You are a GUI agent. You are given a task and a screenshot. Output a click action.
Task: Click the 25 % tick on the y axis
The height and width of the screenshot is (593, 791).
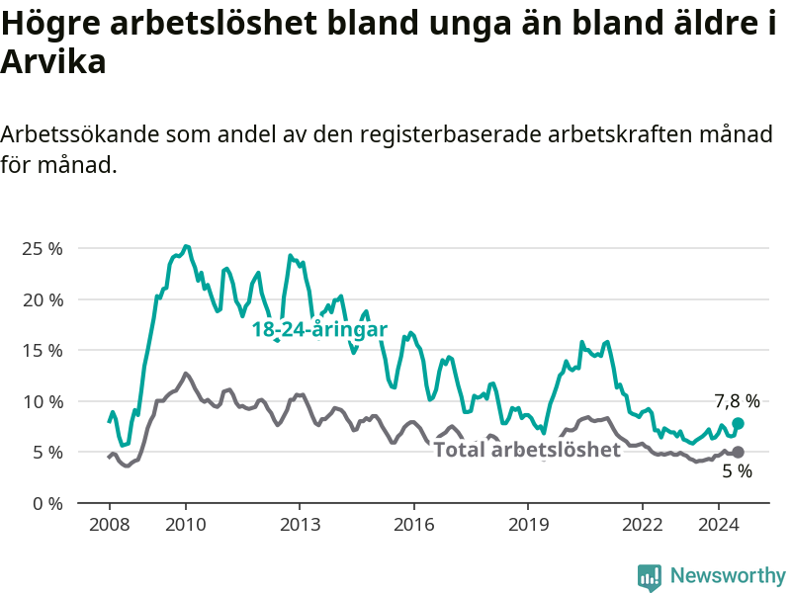[x=43, y=249]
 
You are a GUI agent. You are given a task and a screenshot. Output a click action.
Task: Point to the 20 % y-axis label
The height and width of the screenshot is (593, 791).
[x=43, y=300]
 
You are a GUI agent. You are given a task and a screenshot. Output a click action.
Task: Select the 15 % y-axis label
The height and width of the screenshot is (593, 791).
[x=43, y=351]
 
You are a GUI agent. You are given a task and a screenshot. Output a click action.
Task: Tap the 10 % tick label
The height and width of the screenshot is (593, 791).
[x=43, y=402]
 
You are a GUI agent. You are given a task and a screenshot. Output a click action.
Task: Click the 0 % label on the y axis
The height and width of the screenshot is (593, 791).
[x=47, y=503]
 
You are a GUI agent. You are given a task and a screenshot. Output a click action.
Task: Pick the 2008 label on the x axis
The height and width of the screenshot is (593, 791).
[x=110, y=525]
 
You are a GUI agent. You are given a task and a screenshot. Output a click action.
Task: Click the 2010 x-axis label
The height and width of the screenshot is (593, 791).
[x=186, y=525]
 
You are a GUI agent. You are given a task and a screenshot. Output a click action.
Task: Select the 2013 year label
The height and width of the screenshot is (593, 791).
[x=300, y=525]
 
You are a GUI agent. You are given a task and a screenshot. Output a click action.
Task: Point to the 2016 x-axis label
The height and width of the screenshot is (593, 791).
[x=413, y=525]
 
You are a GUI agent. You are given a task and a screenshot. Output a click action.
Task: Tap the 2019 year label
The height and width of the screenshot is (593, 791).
[x=528, y=525]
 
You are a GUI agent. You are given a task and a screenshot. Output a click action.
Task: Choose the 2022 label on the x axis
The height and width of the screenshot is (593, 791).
[x=642, y=525]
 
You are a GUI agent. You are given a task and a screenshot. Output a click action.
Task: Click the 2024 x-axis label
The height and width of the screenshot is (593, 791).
[x=719, y=525]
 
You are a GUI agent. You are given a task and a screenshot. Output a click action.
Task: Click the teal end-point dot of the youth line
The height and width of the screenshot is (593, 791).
[x=738, y=423]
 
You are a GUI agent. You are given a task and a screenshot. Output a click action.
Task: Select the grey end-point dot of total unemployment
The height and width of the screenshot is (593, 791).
[x=738, y=452]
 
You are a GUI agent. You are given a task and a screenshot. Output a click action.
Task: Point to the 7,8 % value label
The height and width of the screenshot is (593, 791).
[x=737, y=401]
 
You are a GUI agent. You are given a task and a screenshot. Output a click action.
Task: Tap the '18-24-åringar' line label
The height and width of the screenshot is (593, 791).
[x=319, y=329]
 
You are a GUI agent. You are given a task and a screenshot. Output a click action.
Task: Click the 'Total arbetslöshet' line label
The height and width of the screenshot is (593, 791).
[x=527, y=450]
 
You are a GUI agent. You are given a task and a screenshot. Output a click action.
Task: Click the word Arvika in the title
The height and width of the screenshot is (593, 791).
[x=53, y=62]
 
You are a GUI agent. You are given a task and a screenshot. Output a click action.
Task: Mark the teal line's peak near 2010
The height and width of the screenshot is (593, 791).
[x=186, y=246]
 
